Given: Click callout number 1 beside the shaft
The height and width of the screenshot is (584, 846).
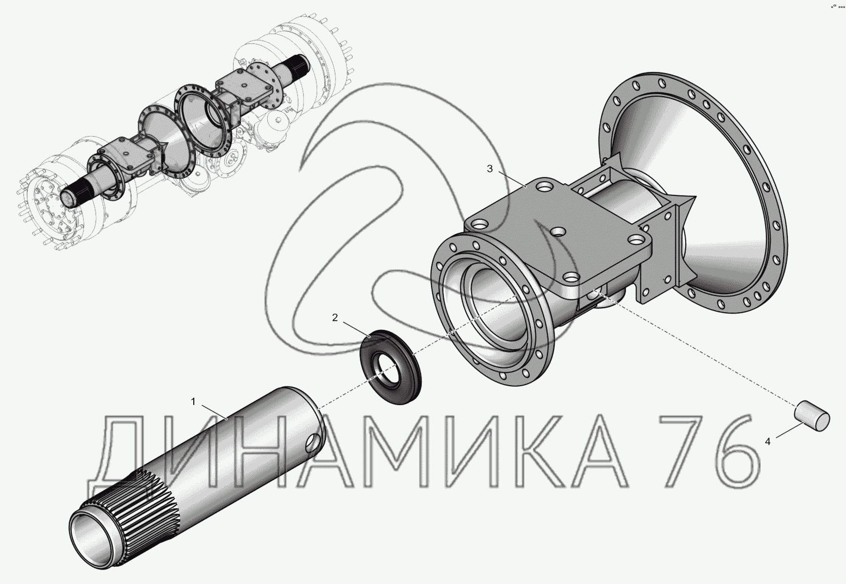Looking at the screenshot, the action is pyautogui.click(x=193, y=401).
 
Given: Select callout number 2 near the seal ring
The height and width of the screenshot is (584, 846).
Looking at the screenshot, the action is pyautogui.click(x=335, y=318).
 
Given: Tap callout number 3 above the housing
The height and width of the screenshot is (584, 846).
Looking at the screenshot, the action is pyautogui.click(x=490, y=169).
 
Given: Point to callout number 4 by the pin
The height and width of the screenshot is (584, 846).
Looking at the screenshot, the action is pyautogui.click(x=768, y=441).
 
